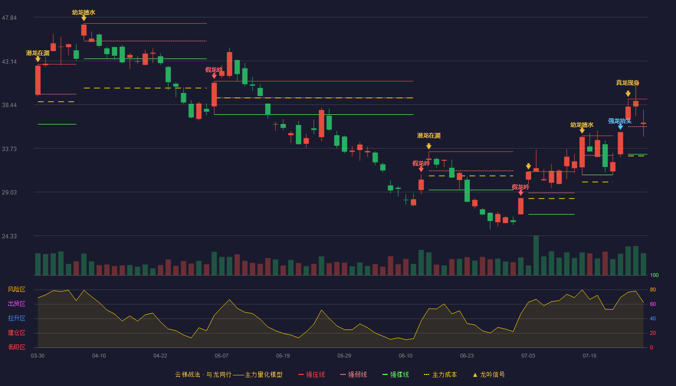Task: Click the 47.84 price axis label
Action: click(x=9, y=17)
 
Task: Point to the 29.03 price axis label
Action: click(x=9, y=192)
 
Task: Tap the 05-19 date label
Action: click(x=283, y=356)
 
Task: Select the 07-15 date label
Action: click(x=590, y=356)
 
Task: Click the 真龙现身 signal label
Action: click(x=628, y=83)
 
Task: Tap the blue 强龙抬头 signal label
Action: click(x=620, y=121)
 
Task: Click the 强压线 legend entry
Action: click(x=312, y=374)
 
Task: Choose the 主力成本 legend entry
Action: click(x=440, y=374)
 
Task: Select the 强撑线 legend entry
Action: click(x=395, y=374)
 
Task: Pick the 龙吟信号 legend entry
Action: click(x=489, y=374)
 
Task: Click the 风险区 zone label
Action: click(x=16, y=289)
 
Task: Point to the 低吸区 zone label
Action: click(x=16, y=347)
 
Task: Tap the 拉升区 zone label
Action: click(x=16, y=318)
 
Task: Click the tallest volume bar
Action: click(x=536, y=255)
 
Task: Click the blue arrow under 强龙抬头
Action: click(x=620, y=127)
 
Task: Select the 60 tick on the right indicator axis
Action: click(x=653, y=304)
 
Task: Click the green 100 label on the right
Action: click(x=654, y=275)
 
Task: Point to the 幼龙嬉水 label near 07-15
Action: click(x=582, y=125)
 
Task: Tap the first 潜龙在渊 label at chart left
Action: click(x=38, y=53)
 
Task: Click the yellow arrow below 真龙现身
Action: click(x=628, y=94)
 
